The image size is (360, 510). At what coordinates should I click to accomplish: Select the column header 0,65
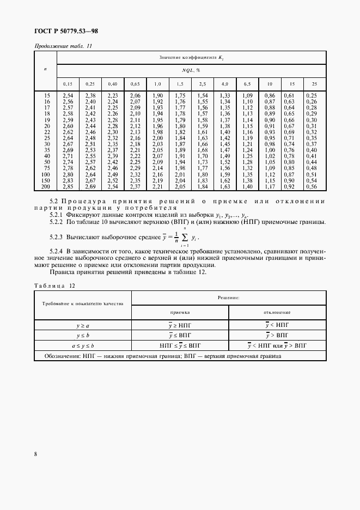click(x=135, y=84)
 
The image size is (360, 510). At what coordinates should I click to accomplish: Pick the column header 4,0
click(x=224, y=84)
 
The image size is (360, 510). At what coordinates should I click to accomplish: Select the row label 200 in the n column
click(x=46, y=186)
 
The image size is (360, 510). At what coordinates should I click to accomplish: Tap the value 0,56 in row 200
click(x=312, y=186)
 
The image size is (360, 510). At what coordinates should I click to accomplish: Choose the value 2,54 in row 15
click(x=68, y=95)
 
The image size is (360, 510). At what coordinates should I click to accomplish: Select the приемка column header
click(x=180, y=312)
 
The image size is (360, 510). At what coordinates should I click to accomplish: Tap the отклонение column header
click(x=277, y=312)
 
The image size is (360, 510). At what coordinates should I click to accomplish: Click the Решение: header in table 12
click(x=229, y=298)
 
